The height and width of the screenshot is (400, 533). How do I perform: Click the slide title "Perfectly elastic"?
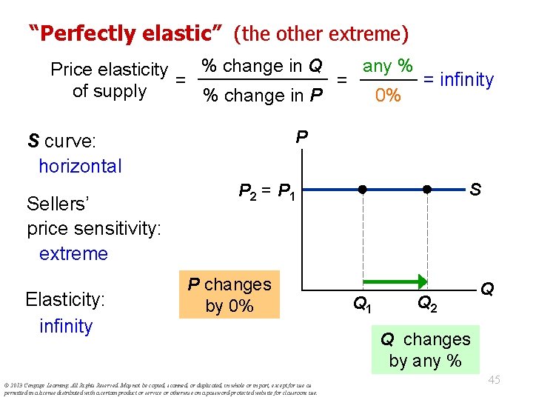coord(127,33)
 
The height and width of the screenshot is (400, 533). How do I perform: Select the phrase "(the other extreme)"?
coord(321,33)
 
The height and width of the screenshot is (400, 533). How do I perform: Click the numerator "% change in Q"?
coord(262,66)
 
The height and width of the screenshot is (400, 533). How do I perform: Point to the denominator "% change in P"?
coord(263,96)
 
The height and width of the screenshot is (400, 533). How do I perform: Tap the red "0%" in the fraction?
coord(387,96)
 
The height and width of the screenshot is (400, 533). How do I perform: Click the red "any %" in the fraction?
coord(387,66)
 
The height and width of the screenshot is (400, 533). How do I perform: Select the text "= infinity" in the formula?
coord(457,79)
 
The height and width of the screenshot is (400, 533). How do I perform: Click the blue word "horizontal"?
coord(80,166)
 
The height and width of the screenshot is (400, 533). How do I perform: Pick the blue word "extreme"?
coord(73,253)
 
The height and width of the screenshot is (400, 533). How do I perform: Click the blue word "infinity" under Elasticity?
coord(66,326)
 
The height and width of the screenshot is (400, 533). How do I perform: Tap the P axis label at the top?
coord(301,138)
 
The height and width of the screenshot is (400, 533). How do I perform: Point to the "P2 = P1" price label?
coord(267,192)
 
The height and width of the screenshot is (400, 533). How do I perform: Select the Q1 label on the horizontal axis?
coord(362,302)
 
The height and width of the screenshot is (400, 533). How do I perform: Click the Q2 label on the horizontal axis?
coord(426,302)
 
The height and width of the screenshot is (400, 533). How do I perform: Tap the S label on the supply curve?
coord(475,190)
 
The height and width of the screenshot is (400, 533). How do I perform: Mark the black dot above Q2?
coord(427,190)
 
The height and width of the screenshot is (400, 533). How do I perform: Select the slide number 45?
coord(494,380)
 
